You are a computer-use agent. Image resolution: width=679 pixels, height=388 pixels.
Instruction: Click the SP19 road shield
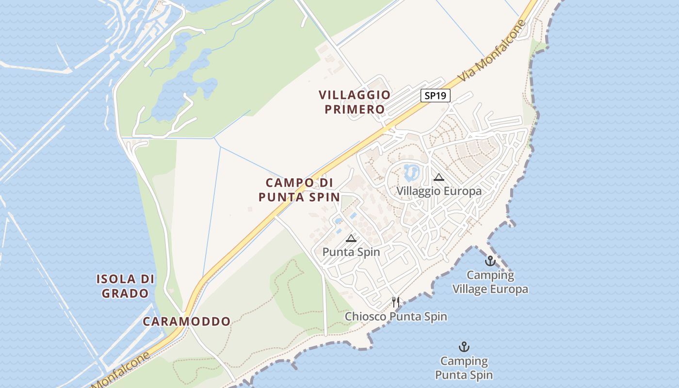pos(435,96)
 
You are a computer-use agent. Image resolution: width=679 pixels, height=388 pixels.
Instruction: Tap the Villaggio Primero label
pos(355,102)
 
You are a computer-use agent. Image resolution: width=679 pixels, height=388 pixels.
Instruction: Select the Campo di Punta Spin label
pos(299,190)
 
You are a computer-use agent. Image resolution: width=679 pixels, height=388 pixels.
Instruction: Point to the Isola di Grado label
pos(126,286)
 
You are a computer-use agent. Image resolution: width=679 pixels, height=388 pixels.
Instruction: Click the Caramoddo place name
pos(187,322)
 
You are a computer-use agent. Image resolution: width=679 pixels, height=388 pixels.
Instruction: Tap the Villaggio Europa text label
pos(439,191)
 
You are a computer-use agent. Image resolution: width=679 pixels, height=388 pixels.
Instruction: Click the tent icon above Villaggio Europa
pos(439,178)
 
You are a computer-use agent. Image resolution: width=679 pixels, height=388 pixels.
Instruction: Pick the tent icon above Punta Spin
pos(351,238)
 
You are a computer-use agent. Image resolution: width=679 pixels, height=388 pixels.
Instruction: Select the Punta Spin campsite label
pos(351,252)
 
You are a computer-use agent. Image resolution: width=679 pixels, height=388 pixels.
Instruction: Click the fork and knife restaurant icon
pos(396,302)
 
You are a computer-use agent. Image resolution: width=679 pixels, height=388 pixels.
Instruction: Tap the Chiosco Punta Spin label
pos(396,317)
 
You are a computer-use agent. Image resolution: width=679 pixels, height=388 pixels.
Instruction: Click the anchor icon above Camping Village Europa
pos(490,261)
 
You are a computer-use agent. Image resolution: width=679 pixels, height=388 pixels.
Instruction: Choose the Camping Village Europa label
pos(490,282)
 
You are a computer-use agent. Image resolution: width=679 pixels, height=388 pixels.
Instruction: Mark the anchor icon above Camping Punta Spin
pos(464,347)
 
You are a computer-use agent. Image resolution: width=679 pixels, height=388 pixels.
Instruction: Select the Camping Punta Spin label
pos(464,368)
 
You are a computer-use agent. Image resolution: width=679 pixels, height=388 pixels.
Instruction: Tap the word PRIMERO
pos(355,110)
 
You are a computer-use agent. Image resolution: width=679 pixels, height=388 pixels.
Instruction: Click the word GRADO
pos(126,293)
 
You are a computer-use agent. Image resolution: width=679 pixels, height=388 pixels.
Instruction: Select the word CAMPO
pos(290,183)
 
